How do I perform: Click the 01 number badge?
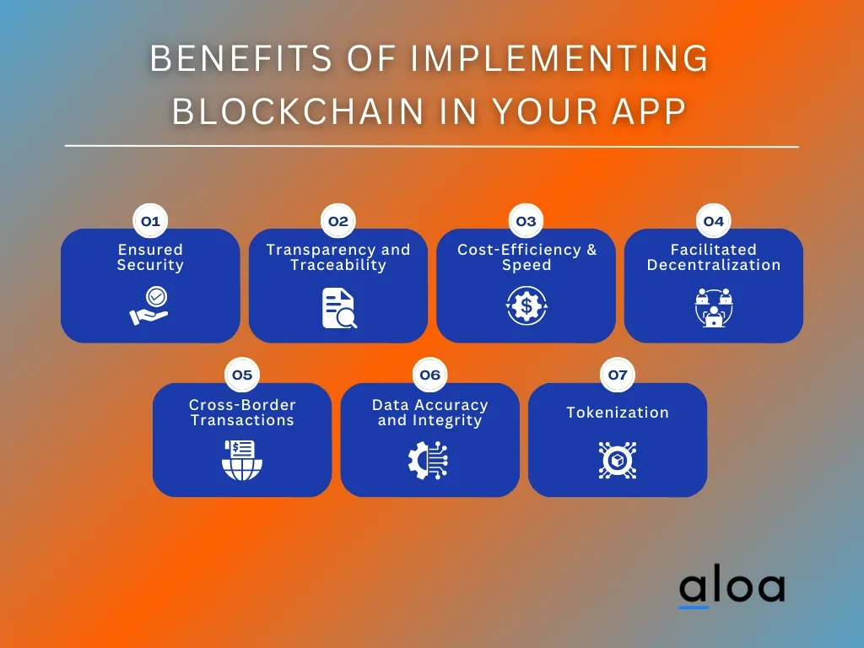point(150,221)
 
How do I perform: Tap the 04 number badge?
point(714,221)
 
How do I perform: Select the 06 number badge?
point(429,375)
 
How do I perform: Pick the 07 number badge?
point(618,375)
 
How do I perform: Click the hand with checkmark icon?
point(149,305)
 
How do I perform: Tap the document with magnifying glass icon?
point(339,308)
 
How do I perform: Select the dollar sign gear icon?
point(526,305)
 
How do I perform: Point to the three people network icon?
point(714,307)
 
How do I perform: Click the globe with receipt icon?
point(242,460)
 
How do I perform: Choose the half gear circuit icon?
point(428,460)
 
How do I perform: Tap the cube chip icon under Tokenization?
point(618,460)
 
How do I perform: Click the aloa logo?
point(732,589)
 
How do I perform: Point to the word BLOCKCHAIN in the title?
point(298,111)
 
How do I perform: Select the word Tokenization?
point(618,412)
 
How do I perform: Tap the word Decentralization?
point(714,265)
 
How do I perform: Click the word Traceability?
point(338,265)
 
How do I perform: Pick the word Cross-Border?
point(242,405)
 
